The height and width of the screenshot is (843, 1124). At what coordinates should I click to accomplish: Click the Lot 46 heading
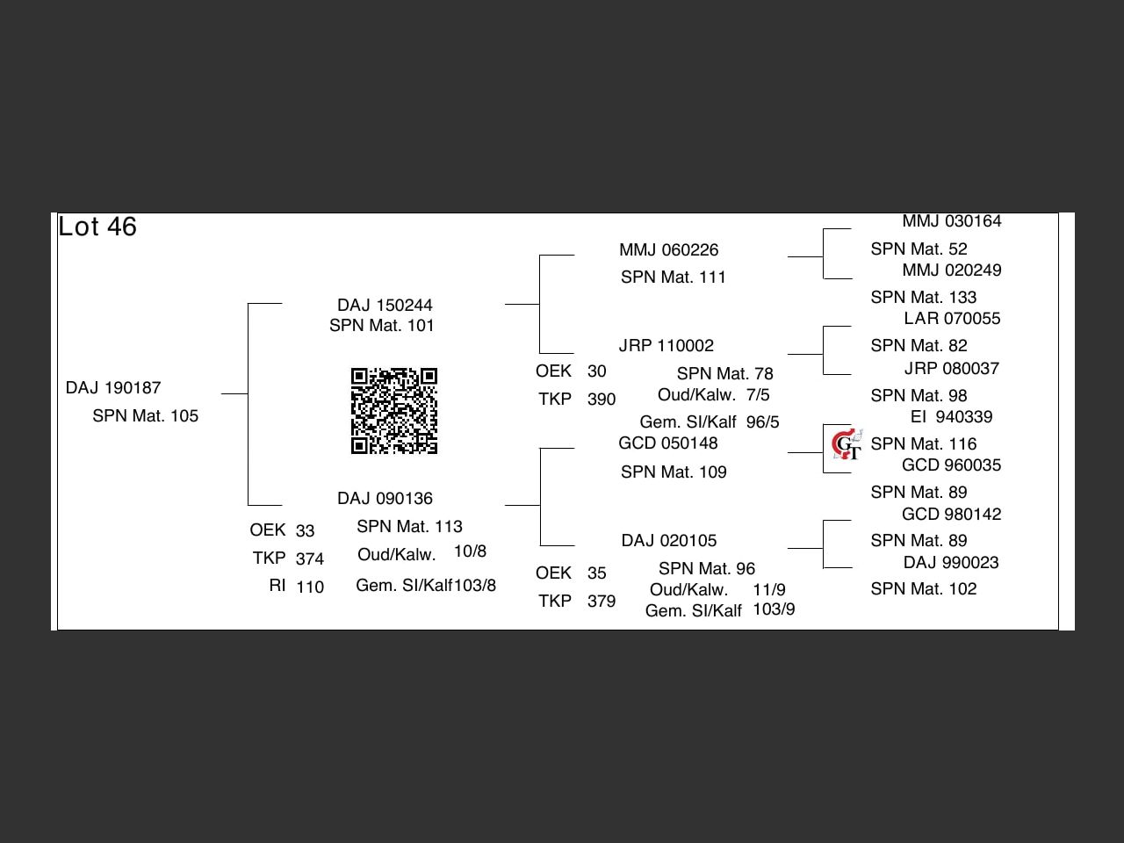pyautogui.click(x=97, y=227)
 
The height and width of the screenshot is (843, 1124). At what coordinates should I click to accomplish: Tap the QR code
pyautogui.click(x=394, y=411)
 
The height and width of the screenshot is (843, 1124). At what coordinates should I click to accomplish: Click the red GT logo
pyautogui.click(x=847, y=445)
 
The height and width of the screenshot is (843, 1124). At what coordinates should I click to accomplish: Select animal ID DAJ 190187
pyautogui.click(x=113, y=388)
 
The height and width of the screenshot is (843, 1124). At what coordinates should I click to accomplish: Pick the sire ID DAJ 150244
pyautogui.click(x=385, y=306)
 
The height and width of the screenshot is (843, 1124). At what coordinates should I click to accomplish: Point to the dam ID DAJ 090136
pyautogui.click(x=385, y=499)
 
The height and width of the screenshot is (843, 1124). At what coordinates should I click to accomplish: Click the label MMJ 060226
pyautogui.click(x=668, y=250)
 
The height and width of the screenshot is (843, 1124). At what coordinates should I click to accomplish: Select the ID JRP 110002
pyautogui.click(x=666, y=346)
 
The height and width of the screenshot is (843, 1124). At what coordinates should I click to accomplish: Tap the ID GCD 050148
pyautogui.click(x=667, y=443)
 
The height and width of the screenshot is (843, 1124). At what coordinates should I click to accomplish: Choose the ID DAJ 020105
pyautogui.click(x=668, y=541)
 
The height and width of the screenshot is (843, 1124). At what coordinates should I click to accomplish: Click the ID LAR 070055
pyautogui.click(x=952, y=319)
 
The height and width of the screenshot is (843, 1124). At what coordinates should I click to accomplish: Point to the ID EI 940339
pyautogui.click(x=952, y=417)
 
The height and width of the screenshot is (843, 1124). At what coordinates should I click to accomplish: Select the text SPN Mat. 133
pyautogui.click(x=923, y=298)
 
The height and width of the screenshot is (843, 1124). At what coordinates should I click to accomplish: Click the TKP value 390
pyautogui.click(x=602, y=400)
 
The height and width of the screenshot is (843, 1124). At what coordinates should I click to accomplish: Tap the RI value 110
pyautogui.click(x=310, y=587)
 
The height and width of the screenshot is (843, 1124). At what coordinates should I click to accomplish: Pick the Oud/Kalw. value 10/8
pyautogui.click(x=470, y=551)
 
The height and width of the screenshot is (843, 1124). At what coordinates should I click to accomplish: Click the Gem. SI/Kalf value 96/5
pyautogui.click(x=762, y=422)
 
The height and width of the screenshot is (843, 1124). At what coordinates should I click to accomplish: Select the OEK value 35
pyautogui.click(x=597, y=573)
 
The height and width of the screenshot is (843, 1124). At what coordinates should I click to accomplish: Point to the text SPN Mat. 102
pyautogui.click(x=923, y=589)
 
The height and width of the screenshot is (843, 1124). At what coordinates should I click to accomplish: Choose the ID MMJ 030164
pyautogui.click(x=952, y=221)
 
